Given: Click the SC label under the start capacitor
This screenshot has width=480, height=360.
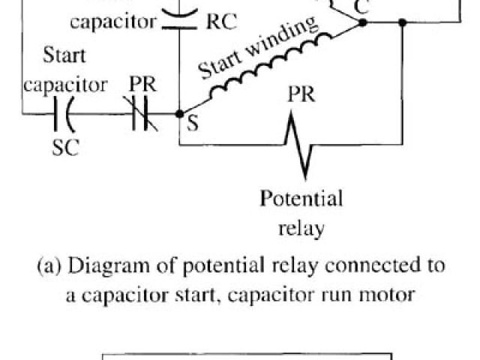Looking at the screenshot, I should (x=65, y=147).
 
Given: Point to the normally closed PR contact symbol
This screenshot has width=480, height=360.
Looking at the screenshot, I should (x=139, y=115).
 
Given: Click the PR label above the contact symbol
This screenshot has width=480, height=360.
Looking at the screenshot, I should (x=140, y=84).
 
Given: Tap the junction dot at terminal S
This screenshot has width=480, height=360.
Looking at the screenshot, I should (x=178, y=115).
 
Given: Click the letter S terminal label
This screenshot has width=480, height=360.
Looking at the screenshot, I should (x=193, y=125).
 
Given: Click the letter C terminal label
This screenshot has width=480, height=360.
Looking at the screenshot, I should (x=362, y=8).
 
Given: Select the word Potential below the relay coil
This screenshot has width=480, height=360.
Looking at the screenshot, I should (x=301, y=199).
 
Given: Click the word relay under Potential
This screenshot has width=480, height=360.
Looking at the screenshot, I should (x=301, y=227).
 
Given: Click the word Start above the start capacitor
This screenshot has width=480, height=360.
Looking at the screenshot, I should (x=64, y=55).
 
